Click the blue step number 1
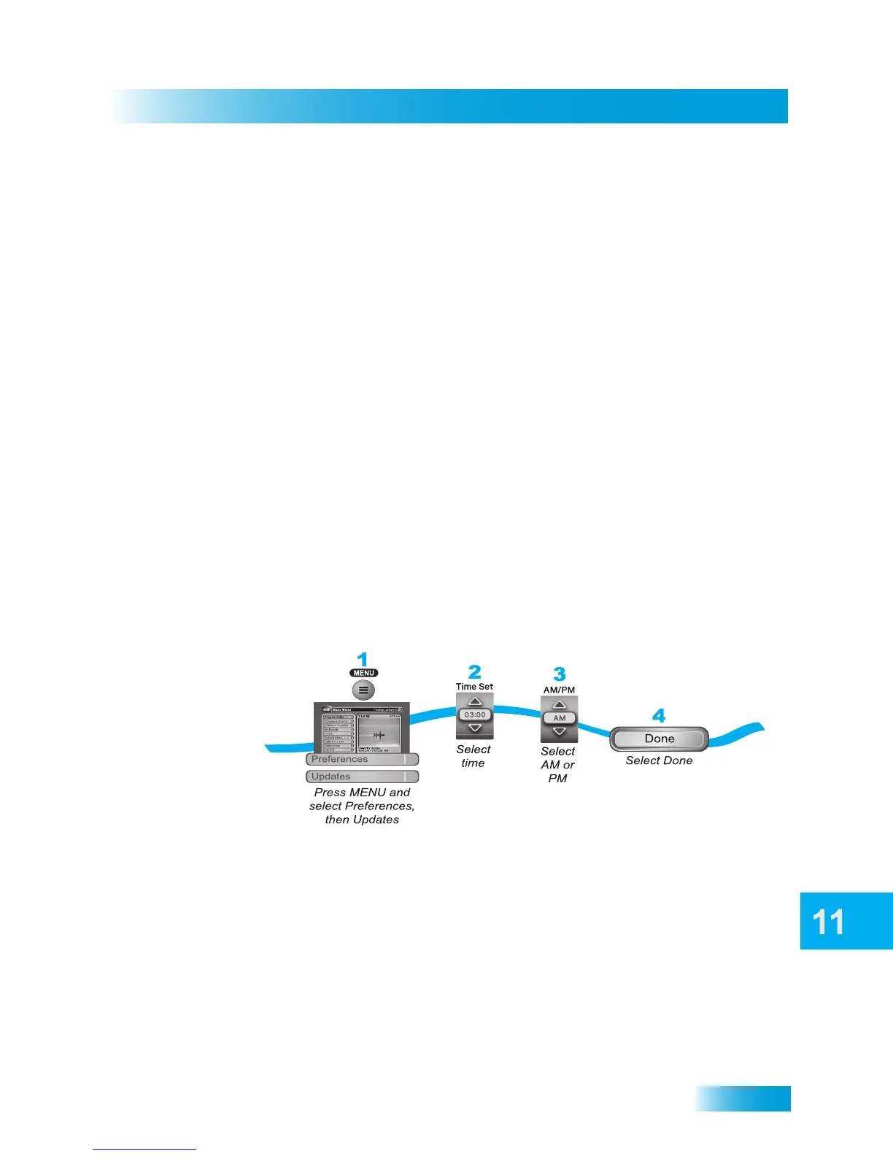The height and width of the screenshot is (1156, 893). click(x=363, y=660)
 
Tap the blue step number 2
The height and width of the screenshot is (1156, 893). click(x=475, y=671)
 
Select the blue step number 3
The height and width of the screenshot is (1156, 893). click(x=560, y=674)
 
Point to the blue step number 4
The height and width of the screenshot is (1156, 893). click(x=659, y=716)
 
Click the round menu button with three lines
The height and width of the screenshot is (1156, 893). click(x=363, y=690)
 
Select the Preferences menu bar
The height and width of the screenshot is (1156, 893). click(x=362, y=759)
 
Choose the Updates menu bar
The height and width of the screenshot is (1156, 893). click(x=362, y=777)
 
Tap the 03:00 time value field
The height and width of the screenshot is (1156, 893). click(x=475, y=714)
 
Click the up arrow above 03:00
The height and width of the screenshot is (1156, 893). click(x=475, y=702)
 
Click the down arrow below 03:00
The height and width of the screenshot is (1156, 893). click(x=475, y=728)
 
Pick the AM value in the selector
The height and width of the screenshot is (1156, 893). click(x=560, y=718)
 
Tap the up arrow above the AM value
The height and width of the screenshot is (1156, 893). click(x=560, y=705)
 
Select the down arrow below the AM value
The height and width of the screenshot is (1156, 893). click(x=560, y=731)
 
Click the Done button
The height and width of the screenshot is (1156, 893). click(x=660, y=739)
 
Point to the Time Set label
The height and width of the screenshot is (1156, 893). click(x=474, y=686)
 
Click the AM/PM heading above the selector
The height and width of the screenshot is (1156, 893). click(x=559, y=690)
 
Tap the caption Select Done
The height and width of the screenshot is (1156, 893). click(x=659, y=760)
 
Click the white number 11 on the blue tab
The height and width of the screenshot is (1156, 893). click(x=829, y=922)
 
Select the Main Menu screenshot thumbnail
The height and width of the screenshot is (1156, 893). click(x=362, y=728)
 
